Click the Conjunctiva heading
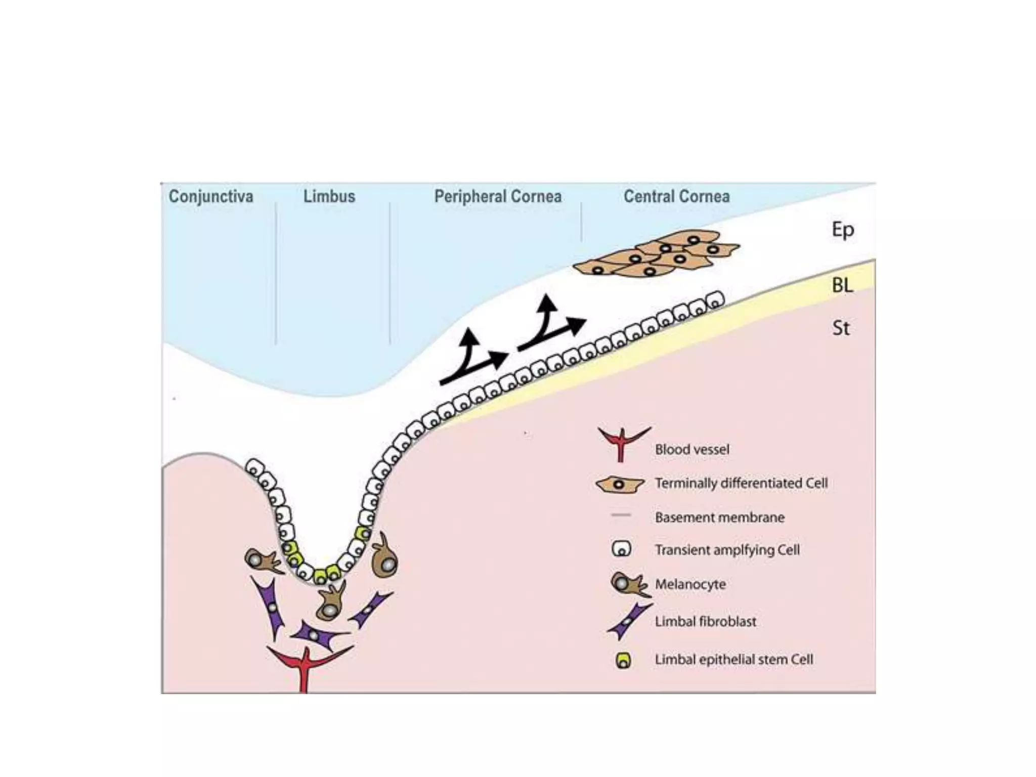click(211, 196)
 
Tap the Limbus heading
click(329, 196)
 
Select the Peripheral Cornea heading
click(498, 196)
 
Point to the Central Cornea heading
click(676, 196)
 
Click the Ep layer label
click(843, 230)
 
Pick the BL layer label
click(842, 285)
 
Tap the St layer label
click(841, 328)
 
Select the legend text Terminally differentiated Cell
click(741, 483)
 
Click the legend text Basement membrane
click(719, 517)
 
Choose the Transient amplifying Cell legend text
click(727, 550)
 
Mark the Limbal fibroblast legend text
click(705, 621)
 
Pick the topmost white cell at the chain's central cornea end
click(715, 299)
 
